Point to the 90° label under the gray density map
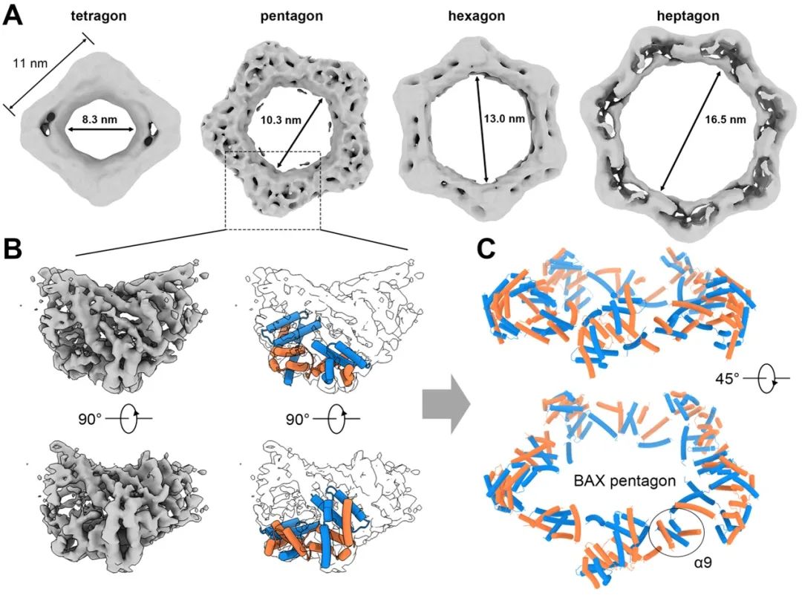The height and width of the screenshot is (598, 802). (x=83, y=418)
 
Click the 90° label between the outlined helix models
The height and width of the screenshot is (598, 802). (x=301, y=418)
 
